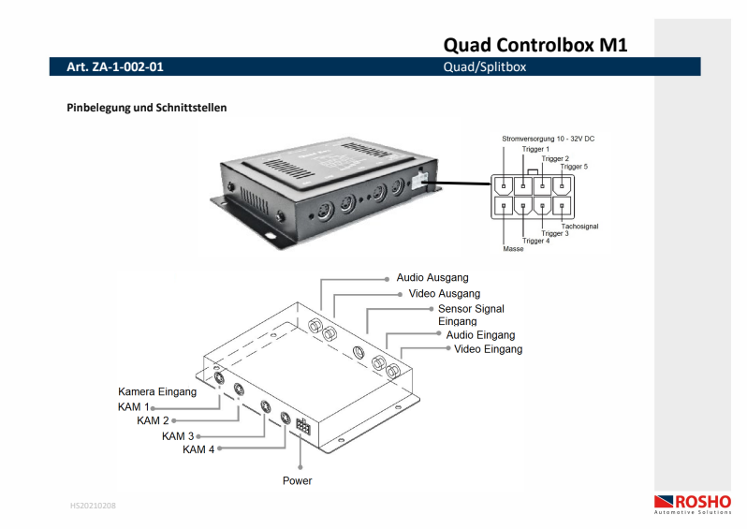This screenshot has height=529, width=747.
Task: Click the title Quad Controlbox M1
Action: click(535, 43)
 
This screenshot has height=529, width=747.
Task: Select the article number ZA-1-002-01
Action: click(109, 67)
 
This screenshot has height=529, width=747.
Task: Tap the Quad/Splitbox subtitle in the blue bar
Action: click(485, 67)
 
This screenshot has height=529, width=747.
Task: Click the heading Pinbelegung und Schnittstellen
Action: click(146, 108)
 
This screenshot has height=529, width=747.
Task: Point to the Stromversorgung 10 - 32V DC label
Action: click(549, 139)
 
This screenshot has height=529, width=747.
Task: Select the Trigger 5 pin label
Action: click(574, 167)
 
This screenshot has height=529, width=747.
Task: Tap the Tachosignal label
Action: click(579, 227)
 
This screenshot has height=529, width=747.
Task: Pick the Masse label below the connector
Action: click(513, 249)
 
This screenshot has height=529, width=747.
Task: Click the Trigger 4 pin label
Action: click(535, 241)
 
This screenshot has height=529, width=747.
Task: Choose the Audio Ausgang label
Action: click(432, 278)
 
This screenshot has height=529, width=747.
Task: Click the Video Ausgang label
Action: click(445, 293)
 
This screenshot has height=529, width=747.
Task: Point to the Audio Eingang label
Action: click(480, 334)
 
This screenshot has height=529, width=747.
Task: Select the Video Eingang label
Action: click(488, 349)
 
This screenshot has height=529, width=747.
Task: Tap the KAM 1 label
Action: click(134, 407)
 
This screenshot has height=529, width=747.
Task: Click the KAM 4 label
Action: click(198, 449)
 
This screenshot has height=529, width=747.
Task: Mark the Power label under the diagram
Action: click(298, 480)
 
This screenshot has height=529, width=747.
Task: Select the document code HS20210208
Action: click(93, 506)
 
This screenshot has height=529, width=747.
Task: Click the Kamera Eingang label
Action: click(157, 391)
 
